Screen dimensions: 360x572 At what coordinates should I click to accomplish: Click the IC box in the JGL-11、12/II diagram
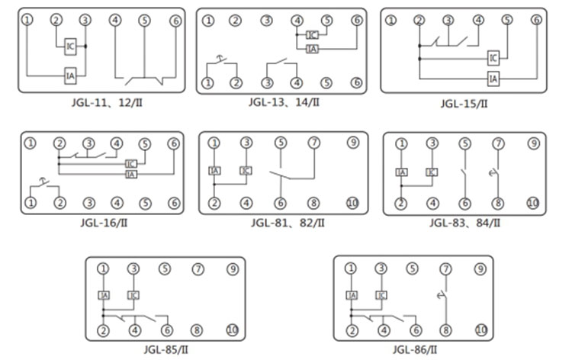coord(69,47)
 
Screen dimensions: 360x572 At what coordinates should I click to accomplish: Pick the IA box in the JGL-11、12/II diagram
coord(69,76)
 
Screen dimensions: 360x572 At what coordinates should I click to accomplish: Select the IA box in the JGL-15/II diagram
coord(493,78)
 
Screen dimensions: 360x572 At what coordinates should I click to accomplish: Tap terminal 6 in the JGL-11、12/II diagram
coord(175,21)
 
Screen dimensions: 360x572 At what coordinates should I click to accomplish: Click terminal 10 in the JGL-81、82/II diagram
coord(352,203)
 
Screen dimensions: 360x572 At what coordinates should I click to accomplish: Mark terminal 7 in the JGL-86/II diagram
coord(446,268)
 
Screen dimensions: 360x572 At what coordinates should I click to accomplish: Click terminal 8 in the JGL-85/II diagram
coord(197,330)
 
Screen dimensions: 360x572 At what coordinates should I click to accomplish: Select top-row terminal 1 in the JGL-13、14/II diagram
coord(207,21)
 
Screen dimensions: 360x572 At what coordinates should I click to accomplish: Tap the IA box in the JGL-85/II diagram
coord(104,294)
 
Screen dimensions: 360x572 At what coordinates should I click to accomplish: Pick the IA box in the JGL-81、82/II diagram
coord(215,171)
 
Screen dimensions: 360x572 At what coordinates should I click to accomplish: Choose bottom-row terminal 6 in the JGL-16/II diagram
coord(174,203)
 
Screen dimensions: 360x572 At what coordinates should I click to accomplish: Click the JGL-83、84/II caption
coord(464,223)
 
